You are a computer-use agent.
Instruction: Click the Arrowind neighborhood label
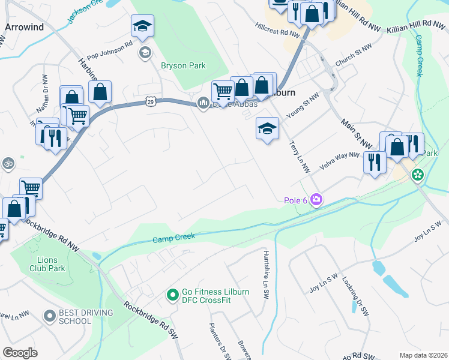(25, 27)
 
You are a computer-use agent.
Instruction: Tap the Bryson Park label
(183, 66)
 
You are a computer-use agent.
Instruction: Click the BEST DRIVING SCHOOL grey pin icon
(50, 314)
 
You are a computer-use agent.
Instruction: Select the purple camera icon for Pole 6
(316, 200)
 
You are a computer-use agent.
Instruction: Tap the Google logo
(20, 353)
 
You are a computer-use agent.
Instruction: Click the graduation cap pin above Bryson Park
(143, 27)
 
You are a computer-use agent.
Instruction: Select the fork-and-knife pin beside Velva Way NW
(375, 161)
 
